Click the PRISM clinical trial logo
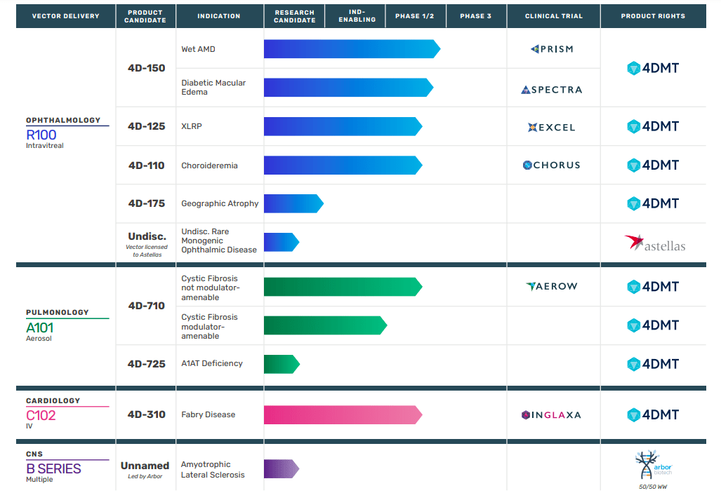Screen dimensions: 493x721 click(552, 49)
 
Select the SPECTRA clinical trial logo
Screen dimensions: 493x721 click(552, 90)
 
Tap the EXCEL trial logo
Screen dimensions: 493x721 click(552, 127)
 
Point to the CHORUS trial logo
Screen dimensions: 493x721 click(552, 166)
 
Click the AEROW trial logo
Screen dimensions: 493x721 click(552, 286)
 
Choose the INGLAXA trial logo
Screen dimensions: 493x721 click(552, 415)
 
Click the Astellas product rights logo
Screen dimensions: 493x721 click(654, 243)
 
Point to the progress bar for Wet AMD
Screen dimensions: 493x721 click(352, 49)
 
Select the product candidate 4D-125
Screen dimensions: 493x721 click(146, 126)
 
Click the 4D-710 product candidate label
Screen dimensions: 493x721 click(146, 306)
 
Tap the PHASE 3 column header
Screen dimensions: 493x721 click(476, 16)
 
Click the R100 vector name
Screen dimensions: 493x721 click(41, 135)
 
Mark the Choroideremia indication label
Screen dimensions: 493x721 click(209, 166)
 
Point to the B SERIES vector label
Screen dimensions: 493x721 click(53, 468)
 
